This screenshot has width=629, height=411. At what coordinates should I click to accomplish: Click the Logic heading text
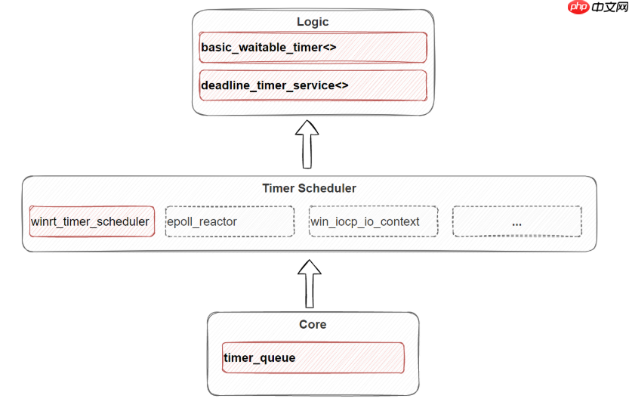click(313, 22)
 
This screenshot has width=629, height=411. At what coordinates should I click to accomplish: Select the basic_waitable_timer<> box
click(313, 48)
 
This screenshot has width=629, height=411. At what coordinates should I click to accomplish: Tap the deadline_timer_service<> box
click(313, 85)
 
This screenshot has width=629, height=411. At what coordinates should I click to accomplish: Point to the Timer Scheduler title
click(309, 188)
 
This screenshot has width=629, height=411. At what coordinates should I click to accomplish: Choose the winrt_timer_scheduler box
click(91, 221)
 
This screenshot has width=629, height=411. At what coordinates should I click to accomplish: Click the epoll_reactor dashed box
click(230, 221)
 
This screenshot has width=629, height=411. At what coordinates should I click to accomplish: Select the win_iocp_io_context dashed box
click(373, 221)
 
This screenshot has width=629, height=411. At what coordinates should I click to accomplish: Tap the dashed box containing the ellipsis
click(516, 221)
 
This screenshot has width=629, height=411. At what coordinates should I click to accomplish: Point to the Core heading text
click(313, 324)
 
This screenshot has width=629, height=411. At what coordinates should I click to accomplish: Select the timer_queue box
click(313, 357)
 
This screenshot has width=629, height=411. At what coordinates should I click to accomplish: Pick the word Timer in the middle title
click(277, 188)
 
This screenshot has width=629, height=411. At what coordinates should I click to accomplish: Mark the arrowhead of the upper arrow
click(307, 128)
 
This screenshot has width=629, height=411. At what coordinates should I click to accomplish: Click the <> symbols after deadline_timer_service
click(341, 85)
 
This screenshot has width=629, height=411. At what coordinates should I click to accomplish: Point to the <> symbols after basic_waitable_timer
click(329, 48)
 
